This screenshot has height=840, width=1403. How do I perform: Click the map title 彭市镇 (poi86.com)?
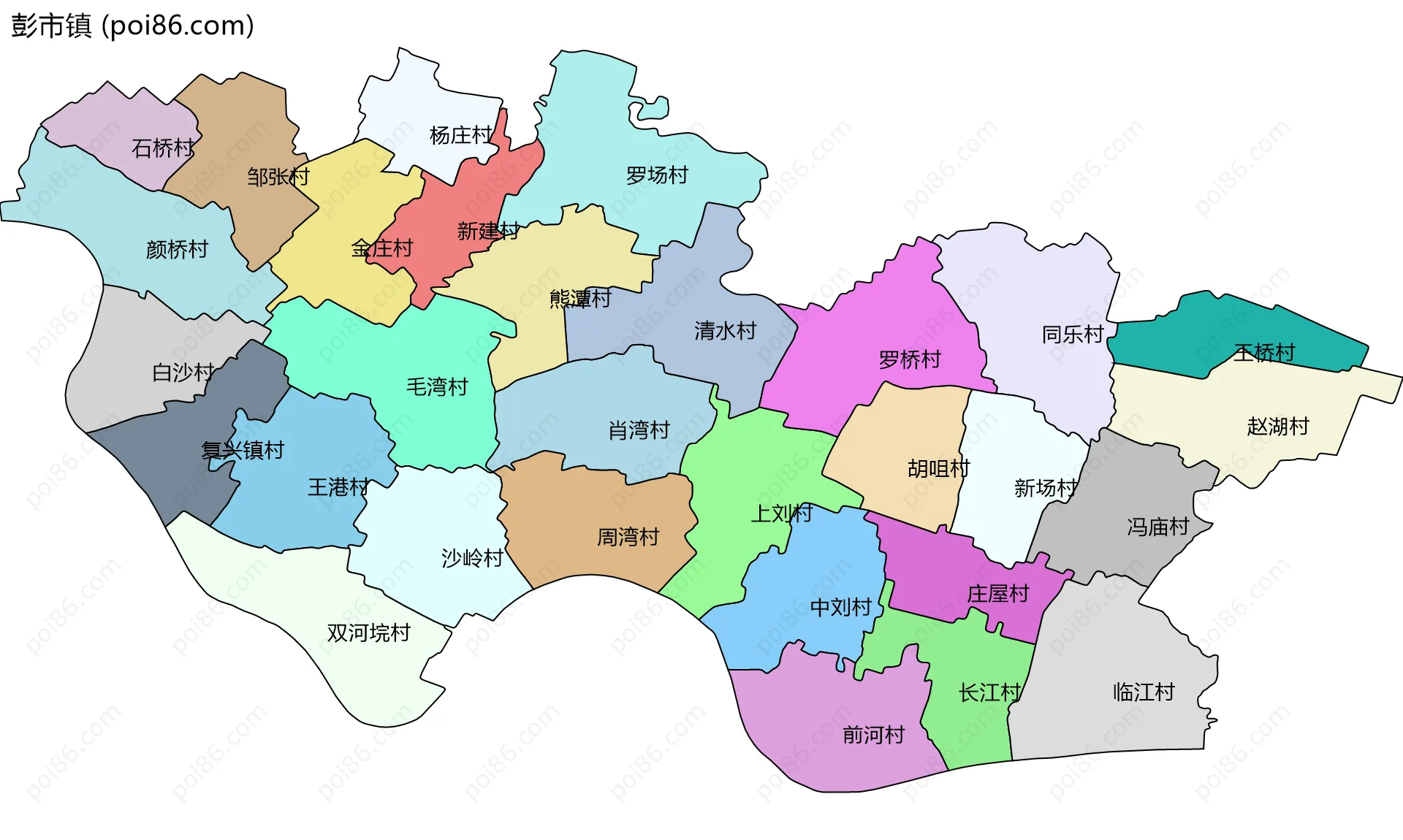[x=132, y=26]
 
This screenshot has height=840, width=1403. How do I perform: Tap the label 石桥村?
[x=162, y=148]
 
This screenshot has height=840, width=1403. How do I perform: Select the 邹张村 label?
[x=278, y=177]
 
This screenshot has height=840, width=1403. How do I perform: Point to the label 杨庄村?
[x=460, y=135]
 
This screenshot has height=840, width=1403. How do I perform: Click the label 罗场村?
[x=657, y=175]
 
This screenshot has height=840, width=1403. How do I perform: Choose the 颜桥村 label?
[x=177, y=250]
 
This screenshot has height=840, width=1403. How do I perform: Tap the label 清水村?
[x=725, y=331]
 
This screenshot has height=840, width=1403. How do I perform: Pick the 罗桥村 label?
[x=909, y=359]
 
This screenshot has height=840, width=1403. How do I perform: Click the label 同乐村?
[x=1072, y=335]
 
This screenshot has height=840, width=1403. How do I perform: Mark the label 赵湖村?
[x=1277, y=426]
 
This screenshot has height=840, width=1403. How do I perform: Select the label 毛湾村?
[x=437, y=386]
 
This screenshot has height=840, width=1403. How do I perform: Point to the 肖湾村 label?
[x=639, y=430]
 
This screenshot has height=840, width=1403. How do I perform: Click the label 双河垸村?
[x=368, y=633]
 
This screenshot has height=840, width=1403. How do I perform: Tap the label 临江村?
[x=1143, y=692]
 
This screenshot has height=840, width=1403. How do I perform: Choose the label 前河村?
[x=873, y=734]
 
